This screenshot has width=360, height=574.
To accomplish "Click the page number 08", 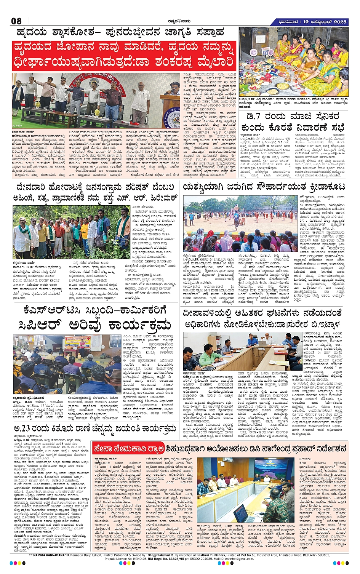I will pyautogui.click(x=16, y=21).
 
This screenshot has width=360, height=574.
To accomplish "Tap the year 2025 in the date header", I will pyautogui.click(x=339, y=22).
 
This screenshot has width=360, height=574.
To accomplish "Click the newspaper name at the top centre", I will pyautogui.click(x=180, y=21).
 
